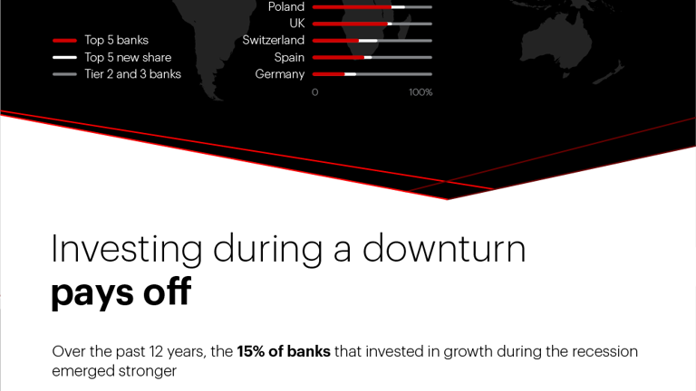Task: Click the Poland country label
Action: click(286, 7)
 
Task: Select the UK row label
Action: click(297, 24)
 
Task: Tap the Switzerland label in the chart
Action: click(274, 41)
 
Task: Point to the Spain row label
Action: click(289, 57)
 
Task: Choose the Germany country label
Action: click(280, 74)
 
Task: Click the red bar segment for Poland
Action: click(352, 7)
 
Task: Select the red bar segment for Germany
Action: click(328, 74)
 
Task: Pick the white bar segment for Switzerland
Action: click(368, 41)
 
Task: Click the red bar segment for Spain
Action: click(338, 57)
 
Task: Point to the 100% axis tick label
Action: click(420, 92)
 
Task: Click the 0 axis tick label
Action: click(315, 92)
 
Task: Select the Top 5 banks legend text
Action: click(116, 41)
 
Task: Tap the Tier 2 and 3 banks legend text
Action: click(132, 74)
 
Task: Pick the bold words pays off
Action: click(121, 293)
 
